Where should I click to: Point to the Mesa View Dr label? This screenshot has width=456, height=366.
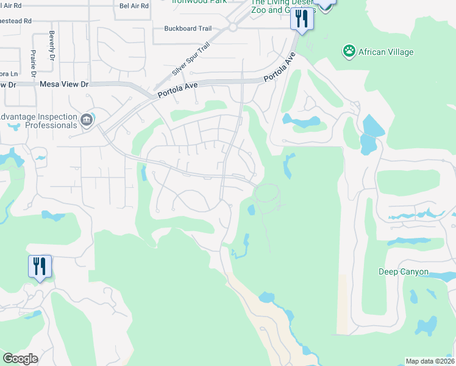tap(63, 84)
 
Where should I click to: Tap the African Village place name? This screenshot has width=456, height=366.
tap(386, 52)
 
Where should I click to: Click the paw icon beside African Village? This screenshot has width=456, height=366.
tap(349, 51)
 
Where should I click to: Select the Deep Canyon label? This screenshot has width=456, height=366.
tap(404, 272)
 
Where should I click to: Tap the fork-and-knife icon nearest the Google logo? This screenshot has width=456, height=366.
tap(40, 267)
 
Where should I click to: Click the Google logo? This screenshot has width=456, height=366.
tap(20, 359)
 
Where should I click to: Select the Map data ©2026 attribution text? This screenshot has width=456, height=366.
tap(430, 361)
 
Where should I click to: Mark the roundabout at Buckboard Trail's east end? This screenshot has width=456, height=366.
tap(232, 27)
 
